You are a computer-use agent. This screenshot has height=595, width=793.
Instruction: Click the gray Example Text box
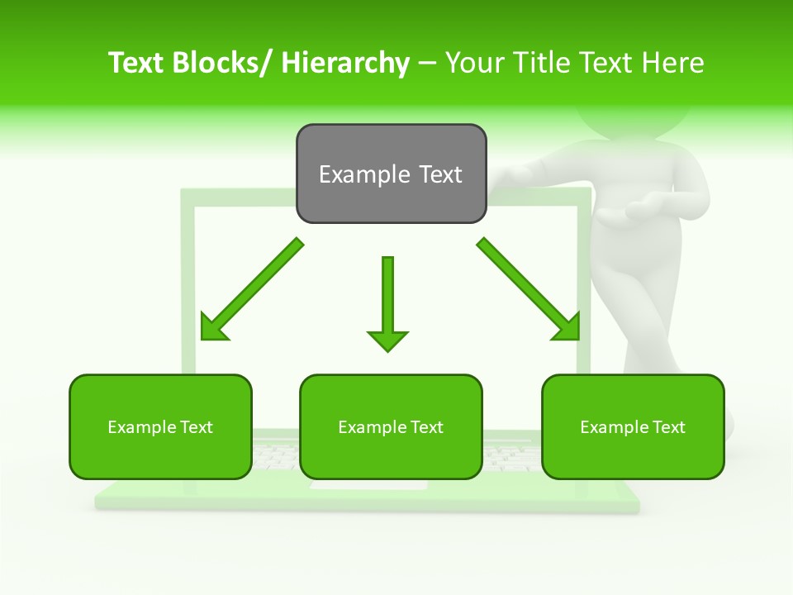point(391,174)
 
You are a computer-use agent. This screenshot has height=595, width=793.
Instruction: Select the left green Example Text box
point(160,426)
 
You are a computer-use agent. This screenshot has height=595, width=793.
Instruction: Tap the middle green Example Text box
point(391,426)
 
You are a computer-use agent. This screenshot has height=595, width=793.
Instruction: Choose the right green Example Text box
point(633,426)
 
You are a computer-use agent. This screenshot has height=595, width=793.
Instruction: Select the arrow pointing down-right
point(529,289)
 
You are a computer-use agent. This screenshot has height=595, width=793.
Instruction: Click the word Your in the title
point(476,63)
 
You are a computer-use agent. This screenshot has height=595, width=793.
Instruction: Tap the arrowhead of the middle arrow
point(387,340)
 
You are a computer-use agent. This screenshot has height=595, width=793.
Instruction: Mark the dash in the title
point(427,63)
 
